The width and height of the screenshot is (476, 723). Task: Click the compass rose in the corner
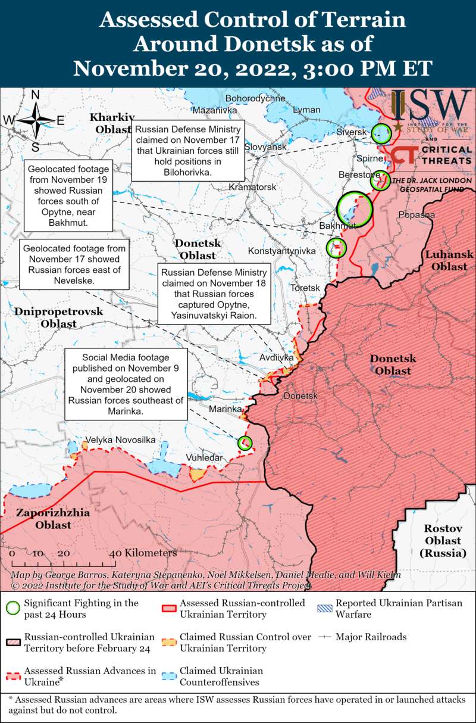tap(35, 120)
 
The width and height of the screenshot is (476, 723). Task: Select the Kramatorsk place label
tap(253, 187)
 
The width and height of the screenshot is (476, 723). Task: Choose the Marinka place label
tap(225, 409)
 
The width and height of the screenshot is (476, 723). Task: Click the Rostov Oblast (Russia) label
tap(443, 540)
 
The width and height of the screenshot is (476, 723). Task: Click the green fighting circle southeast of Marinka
tap(245, 442)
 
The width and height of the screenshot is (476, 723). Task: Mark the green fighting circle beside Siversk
tap(381, 133)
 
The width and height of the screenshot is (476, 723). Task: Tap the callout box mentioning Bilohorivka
tap(187, 151)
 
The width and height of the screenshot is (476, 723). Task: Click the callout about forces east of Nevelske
tap(74, 264)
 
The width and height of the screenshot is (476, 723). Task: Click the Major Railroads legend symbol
tap(324, 637)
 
